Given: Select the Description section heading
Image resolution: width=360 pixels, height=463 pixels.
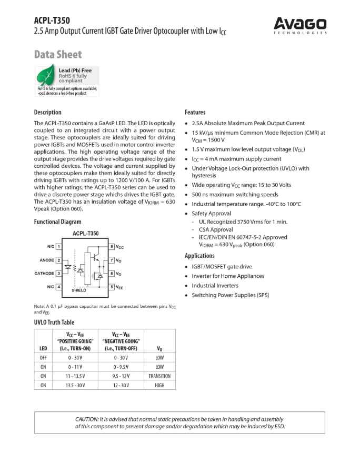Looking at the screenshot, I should [x=47, y=112].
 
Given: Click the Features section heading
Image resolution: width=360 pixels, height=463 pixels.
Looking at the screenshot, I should [x=195, y=112].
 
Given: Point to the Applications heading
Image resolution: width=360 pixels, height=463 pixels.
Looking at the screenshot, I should [x=199, y=256].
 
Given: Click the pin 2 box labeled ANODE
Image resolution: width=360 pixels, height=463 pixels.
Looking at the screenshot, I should [x=59, y=260].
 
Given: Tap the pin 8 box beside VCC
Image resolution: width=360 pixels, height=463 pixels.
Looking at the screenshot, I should [x=112, y=246].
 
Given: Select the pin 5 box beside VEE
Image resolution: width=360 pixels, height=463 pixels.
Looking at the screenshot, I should [x=112, y=287].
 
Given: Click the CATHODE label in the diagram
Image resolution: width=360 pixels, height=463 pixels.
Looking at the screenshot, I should [x=44, y=274].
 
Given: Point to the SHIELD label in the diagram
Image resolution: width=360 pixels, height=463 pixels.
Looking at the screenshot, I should [x=79, y=290].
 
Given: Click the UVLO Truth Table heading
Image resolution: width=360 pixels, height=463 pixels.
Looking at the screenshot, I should [x=54, y=322].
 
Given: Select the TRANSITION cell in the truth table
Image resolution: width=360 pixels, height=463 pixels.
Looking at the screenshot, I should [x=159, y=376].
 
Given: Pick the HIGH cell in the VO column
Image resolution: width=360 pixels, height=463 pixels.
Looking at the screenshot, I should [x=159, y=386].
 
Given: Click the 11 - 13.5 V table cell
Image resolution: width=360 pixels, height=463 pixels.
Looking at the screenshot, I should [x=77, y=376].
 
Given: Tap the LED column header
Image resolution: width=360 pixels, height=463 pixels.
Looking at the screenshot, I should [x=43, y=348].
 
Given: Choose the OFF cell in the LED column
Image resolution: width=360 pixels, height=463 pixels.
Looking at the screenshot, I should [x=43, y=358].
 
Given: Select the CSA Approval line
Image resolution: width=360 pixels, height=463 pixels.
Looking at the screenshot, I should [x=215, y=229].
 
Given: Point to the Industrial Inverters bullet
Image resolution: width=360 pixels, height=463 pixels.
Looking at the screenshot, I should [x=217, y=286].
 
